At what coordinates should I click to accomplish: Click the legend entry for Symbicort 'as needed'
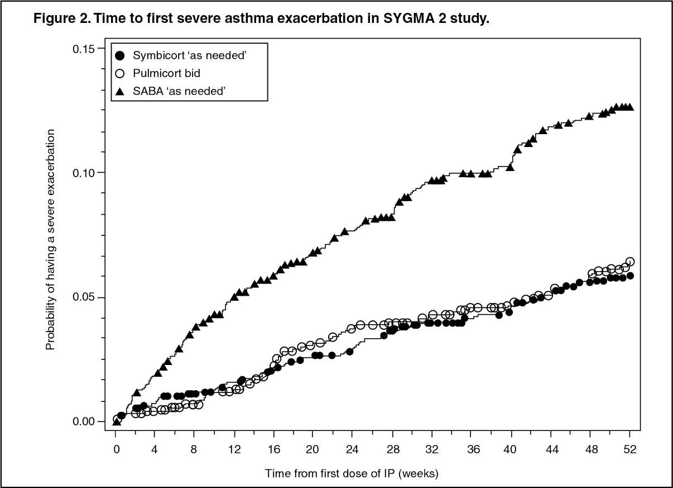(x=190, y=55)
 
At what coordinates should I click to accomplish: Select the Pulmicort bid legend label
(x=166, y=73)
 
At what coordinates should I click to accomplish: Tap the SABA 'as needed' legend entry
(x=179, y=91)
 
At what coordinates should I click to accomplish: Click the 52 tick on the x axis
(x=629, y=448)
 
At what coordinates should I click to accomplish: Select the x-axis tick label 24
(x=352, y=448)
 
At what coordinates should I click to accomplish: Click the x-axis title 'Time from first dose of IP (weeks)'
(x=352, y=473)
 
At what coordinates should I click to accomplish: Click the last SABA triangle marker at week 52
(x=629, y=107)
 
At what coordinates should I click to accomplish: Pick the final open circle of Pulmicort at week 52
(x=630, y=262)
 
